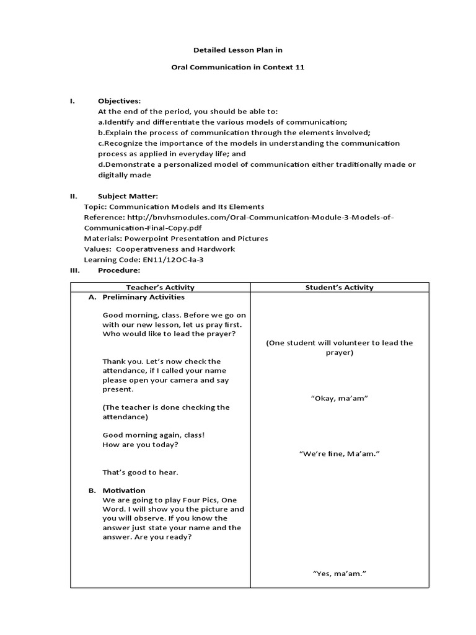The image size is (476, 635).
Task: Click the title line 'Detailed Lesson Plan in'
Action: click(x=238, y=49)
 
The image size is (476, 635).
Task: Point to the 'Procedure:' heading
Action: click(x=119, y=270)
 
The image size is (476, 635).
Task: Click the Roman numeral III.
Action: click(x=74, y=270)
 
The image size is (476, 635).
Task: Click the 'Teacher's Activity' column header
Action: click(x=160, y=287)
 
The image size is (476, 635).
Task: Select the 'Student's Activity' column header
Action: click(x=339, y=287)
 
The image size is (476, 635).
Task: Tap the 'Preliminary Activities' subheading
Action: click(x=143, y=297)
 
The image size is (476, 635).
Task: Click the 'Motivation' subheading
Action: click(x=124, y=491)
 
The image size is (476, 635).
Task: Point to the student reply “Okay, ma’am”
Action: click(x=339, y=398)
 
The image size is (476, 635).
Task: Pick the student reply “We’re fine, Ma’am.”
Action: click(x=339, y=454)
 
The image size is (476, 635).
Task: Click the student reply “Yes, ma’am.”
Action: click(x=339, y=574)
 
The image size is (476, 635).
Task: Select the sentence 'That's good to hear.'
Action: click(x=140, y=473)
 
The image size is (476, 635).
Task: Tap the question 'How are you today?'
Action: click(x=140, y=445)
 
